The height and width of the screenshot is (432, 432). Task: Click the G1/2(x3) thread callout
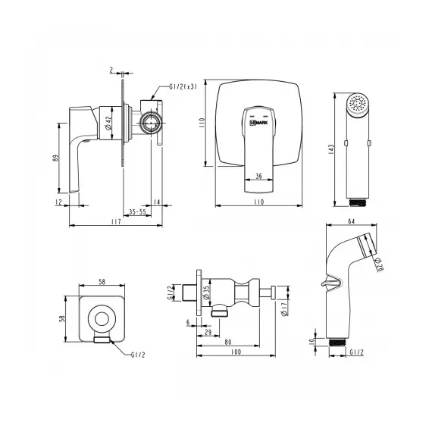click(183, 87)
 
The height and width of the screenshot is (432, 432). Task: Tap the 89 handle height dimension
click(56, 158)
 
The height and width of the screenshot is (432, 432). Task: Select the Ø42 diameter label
click(108, 123)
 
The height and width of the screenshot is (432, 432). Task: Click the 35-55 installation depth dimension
click(137, 212)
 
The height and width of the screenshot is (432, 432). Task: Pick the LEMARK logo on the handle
click(258, 123)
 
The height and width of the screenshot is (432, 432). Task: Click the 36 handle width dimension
click(258, 176)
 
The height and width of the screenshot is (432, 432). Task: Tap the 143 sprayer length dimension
click(331, 149)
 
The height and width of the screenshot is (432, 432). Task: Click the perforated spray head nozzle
click(358, 104)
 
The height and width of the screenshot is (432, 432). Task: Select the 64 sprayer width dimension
click(352, 221)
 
